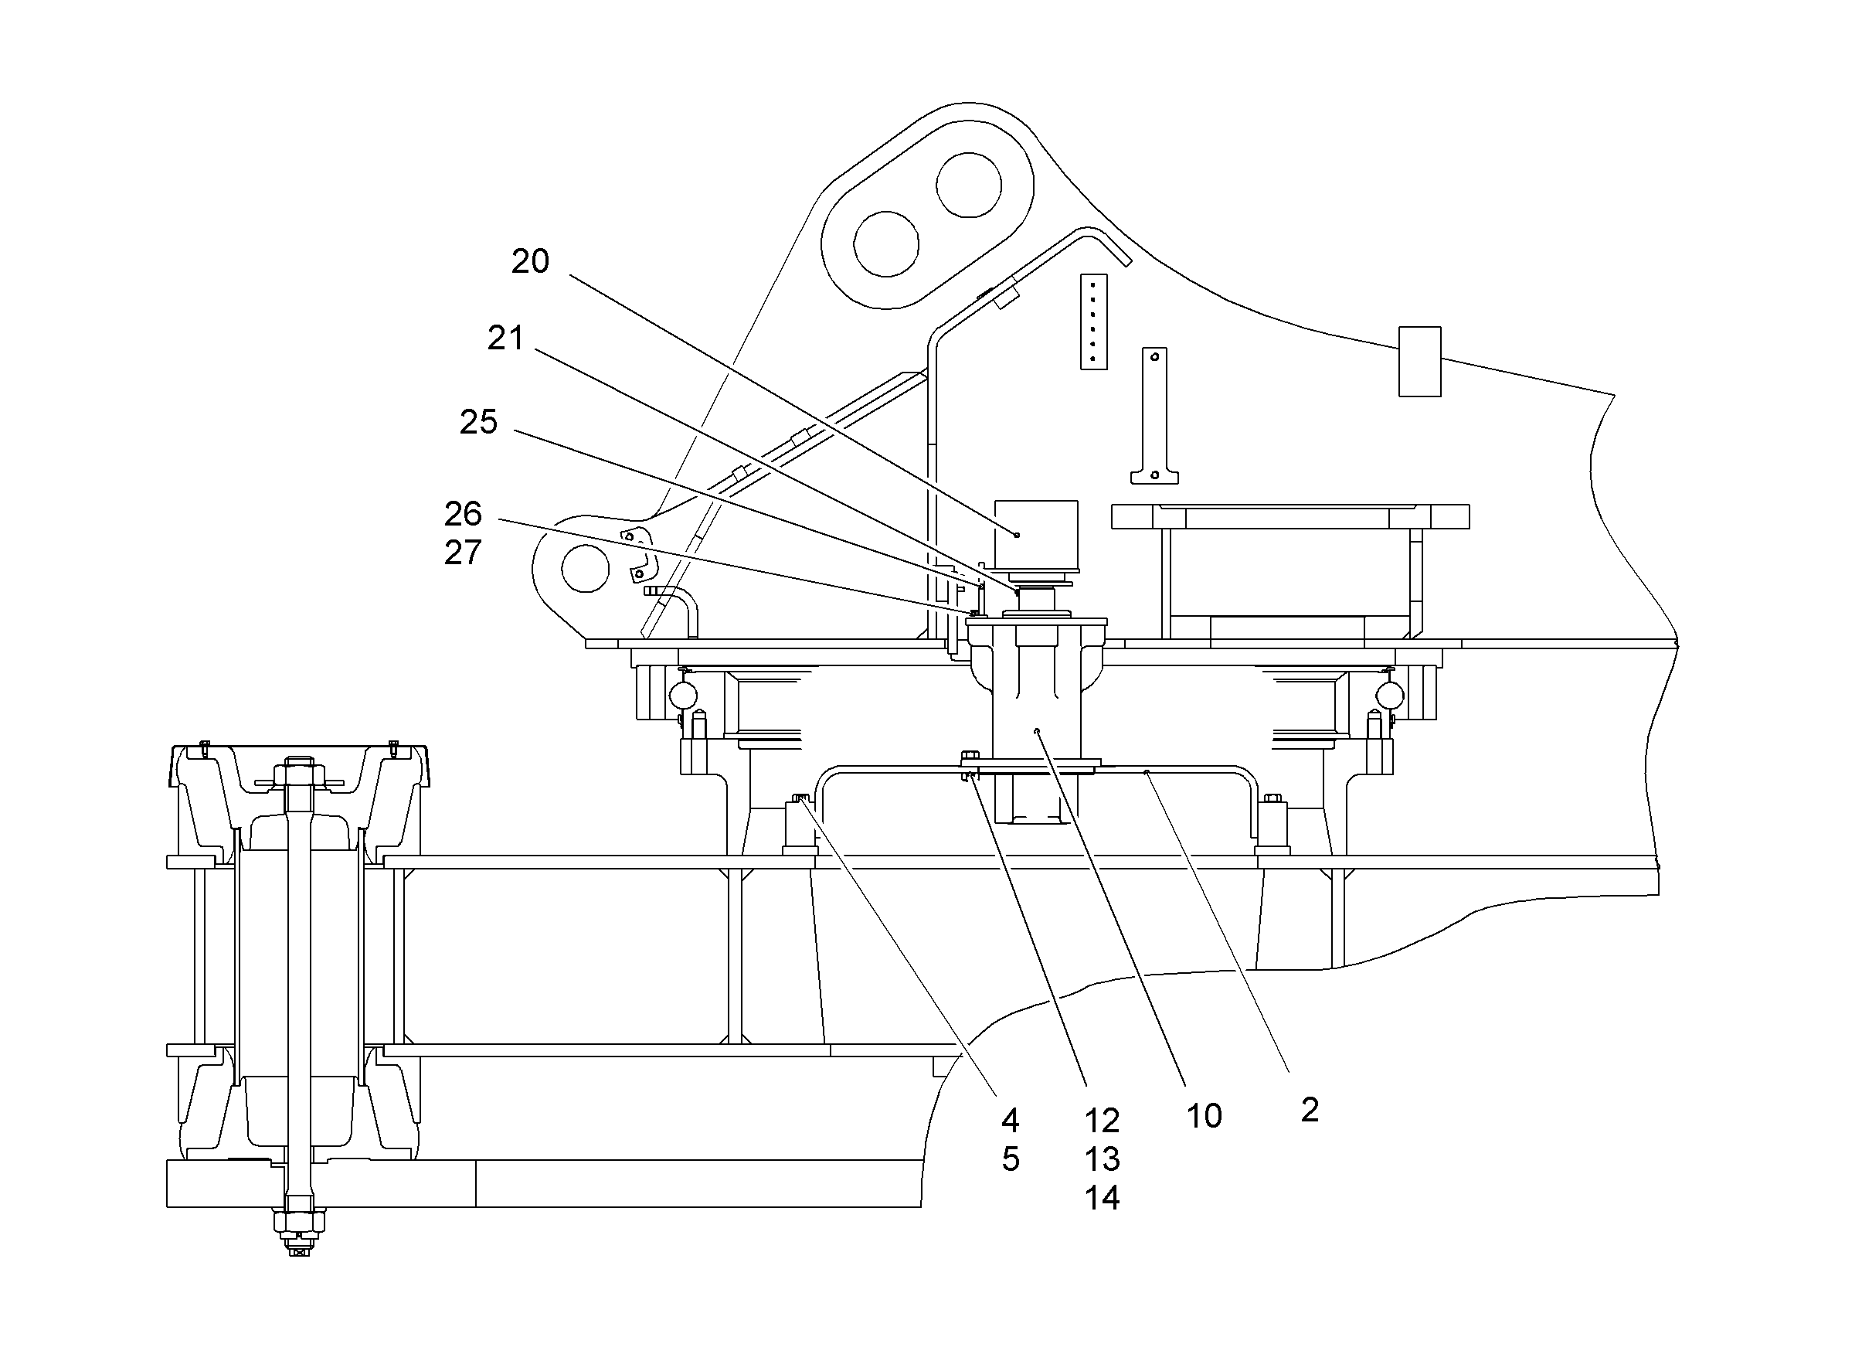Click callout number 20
(x=529, y=261)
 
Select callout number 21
(x=505, y=338)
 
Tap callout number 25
(x=478, y=422)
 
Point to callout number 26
(x=463, y=514)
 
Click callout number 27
(x=463, y=553)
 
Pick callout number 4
(x=1011, y=1121)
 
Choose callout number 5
(x=1011, y=1159)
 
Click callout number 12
(x=1102, y=1121)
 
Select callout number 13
(x=1102, y=1159)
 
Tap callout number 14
(x=1102, y=1198)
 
